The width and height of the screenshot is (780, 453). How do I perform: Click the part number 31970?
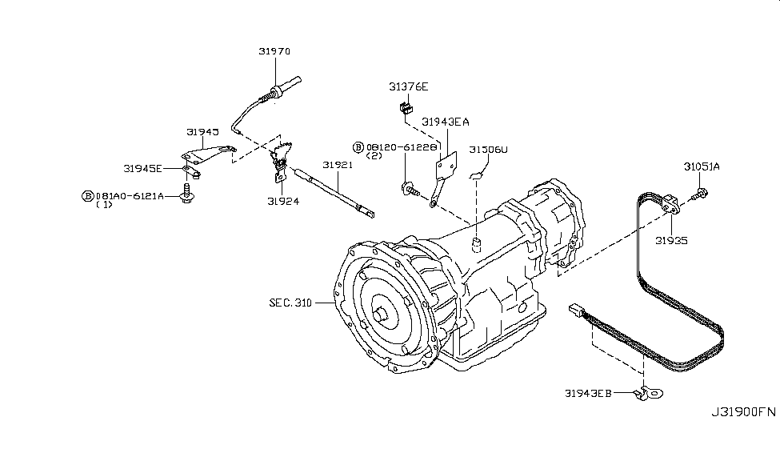click(274, 51)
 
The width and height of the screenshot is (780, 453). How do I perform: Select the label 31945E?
click(143, 169)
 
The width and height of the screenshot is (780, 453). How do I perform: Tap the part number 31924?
click(283, 202)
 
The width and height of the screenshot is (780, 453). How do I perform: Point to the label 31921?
click(338, 165)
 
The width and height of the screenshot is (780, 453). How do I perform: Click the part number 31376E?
click(409, 86)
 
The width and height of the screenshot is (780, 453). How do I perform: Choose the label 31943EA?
click(446, 122)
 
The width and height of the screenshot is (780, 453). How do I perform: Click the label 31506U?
click(488, 150)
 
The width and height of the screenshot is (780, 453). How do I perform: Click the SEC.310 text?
click(291, 303)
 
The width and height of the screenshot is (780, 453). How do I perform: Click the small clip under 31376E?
click(405, 106)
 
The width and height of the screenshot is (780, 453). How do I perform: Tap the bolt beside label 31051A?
click(699, 192)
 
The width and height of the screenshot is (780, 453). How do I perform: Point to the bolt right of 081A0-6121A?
click(189, 194)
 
